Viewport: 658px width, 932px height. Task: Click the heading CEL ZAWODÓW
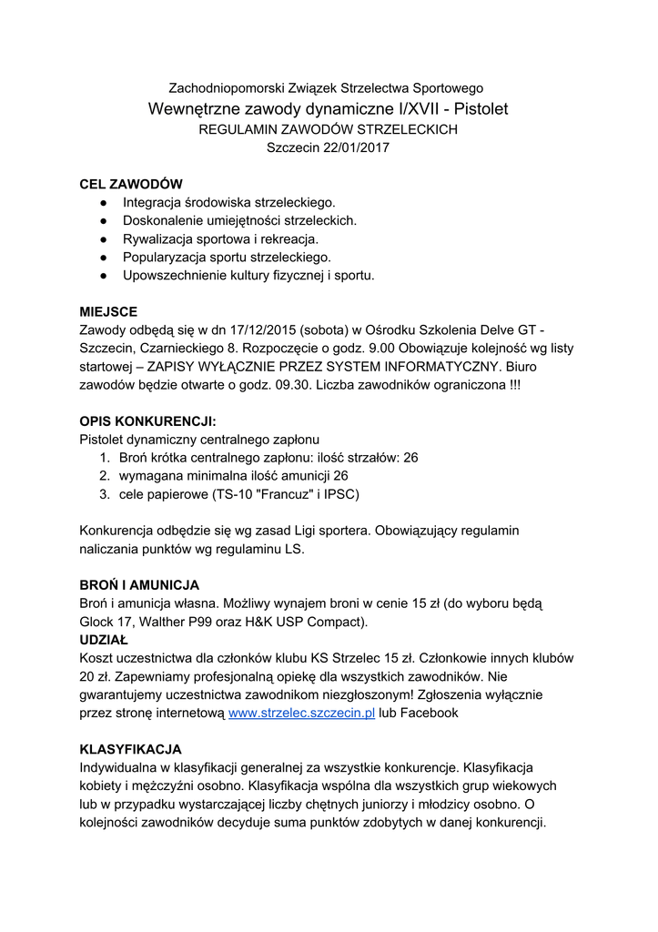[131, 184]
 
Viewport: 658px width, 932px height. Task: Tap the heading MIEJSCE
[108, 311]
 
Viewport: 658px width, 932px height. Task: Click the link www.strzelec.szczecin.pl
[302, 714]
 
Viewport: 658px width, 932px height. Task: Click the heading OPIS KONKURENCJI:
[148, 421]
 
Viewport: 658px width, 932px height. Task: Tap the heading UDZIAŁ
[105, 640]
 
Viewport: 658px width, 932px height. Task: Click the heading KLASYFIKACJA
[131, 750]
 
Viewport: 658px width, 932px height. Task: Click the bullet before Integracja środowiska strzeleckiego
[105, 202]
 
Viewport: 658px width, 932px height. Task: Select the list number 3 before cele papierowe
[105, 494]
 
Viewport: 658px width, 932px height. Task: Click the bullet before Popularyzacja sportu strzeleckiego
[105, 257]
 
